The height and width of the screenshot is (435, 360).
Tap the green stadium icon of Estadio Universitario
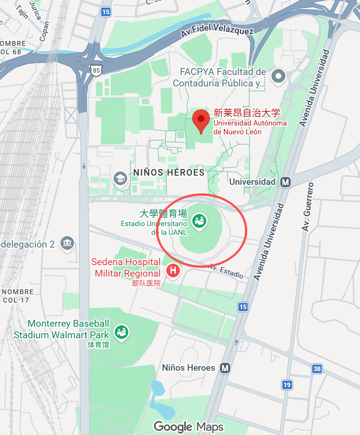(199, 221)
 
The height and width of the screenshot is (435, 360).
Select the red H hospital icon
(173, 271)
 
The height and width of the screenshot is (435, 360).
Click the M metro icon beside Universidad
(285, 182)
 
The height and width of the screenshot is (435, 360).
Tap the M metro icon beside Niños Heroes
(225, 368)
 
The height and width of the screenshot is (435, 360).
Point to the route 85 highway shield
(97, 70)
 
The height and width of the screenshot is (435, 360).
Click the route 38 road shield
(317, 369)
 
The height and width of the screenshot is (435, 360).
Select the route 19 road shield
(287, 384)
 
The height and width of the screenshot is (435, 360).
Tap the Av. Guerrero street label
(308, 207)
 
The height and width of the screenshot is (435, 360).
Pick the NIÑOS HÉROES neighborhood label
(169, 173)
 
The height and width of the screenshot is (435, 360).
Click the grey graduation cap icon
(120, 178)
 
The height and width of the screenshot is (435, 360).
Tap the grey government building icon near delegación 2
(67, 243)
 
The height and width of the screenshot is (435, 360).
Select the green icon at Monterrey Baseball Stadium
(122, 332)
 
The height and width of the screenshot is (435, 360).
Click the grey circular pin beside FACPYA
(278, 77)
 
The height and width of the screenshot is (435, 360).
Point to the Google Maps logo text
(188, 427)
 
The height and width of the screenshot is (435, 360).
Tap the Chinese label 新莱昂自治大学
(247, 112)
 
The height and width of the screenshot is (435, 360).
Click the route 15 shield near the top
(106, 12)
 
